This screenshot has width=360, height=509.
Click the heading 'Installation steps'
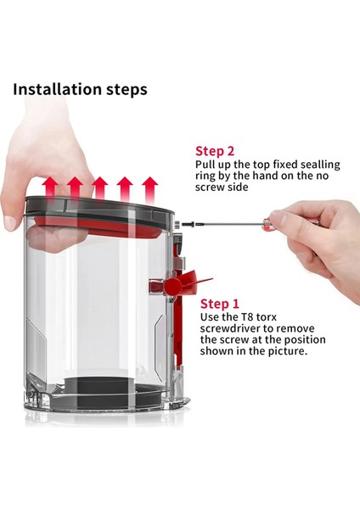click(80, 90)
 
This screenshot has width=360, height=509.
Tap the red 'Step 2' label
click(215, 151)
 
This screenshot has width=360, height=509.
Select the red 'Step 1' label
click(219, 304)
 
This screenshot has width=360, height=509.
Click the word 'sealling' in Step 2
click(320, 165)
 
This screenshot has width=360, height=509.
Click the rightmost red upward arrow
click(149, 189)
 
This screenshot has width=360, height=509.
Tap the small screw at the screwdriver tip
click(188, 224)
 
